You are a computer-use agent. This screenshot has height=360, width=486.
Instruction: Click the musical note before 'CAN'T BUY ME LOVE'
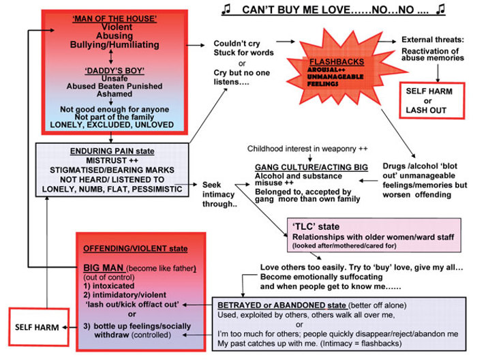[x=226, y=8]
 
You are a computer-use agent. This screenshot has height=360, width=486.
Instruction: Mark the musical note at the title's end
[x=441, y=8]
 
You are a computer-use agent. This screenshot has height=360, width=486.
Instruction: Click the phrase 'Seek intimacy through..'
[x=218, y=190]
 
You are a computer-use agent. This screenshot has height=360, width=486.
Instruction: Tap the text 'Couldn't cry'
[x=234, y=42]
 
